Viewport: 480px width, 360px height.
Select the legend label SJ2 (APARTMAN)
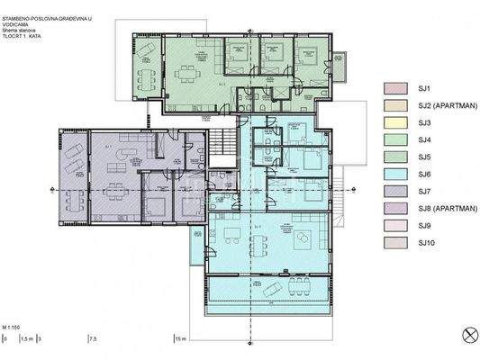click(x=441, y=105)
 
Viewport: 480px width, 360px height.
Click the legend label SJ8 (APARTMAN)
click(x=441, y=208)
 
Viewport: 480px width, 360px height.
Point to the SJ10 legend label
click(x=426, y=242)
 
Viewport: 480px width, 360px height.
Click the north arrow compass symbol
click(x=466, y=336)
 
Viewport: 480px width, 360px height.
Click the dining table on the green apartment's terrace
click(x=147, y=71)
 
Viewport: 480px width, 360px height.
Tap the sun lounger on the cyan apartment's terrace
click(x=270, y=290)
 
